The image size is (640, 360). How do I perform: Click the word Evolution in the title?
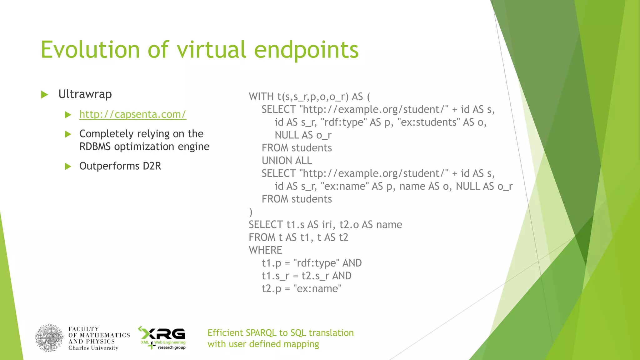point(90,50)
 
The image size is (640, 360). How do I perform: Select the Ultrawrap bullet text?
point(85,94)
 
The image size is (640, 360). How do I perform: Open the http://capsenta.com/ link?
point(133,114)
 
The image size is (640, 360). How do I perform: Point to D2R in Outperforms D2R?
point(152,166)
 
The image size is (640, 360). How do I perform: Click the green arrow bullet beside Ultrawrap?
point(45,95)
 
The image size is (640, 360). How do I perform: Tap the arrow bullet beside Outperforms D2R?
point(68,167)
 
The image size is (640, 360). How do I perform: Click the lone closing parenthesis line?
point(251,212)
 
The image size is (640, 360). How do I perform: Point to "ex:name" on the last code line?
point(317,289)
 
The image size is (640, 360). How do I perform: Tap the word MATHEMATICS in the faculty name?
point(105,335)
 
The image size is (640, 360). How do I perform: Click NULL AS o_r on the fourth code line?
point(303,135)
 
